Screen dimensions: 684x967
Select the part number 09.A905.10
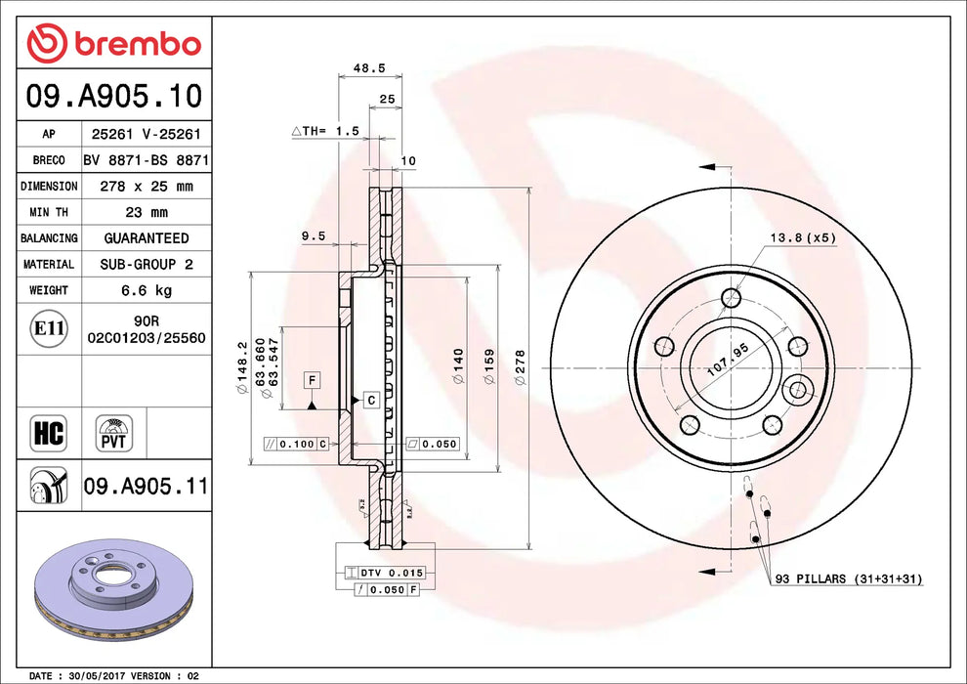click(115, 96)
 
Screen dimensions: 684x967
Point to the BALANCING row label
click(49, 238)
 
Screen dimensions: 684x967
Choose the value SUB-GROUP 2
click(146, 265)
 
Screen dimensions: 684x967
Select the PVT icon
click(115, 433)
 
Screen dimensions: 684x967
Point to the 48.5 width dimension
click(348, 69)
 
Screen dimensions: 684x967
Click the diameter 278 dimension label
click(521, 367)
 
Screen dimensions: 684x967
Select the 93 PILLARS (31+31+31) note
click(848, 579)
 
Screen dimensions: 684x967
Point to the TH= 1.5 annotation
click(326, 130)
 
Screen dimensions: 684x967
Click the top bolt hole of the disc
click(731, 298)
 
